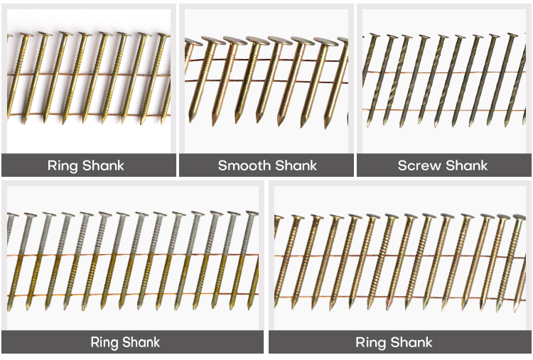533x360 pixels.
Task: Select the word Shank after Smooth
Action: click(x=296, y=165)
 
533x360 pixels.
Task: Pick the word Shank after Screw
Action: click(x=467, y=165)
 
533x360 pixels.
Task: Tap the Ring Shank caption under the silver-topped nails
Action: click(x=125, y=342)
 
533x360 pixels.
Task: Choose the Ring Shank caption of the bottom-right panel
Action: click(x=394, y=342)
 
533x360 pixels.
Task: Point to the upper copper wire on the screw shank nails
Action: click(x=444, y=72)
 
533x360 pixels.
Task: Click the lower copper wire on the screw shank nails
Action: click(x=444, y=109)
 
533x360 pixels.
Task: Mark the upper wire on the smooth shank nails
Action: click(x=266, y=61)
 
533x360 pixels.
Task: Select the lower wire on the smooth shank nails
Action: click(x=266, y=82)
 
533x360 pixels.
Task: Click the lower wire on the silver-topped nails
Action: click(x=133, y=295)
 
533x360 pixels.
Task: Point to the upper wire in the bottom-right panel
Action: click(x=400, y=256)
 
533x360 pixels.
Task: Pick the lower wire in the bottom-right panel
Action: click(x=400, y=298)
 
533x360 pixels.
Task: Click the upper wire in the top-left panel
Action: click(x=88, y=75)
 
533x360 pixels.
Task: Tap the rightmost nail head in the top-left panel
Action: click(x=164, y=36)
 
